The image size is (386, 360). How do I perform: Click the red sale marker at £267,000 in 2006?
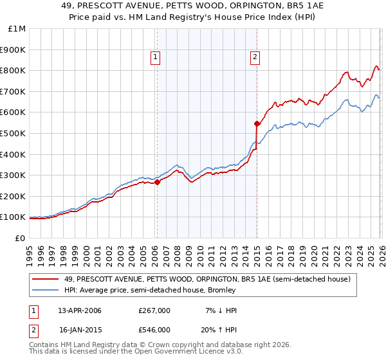tap(157, 182)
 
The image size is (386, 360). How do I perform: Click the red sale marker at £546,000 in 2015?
tap(257, 123)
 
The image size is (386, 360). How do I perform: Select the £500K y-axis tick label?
tap(14, 134)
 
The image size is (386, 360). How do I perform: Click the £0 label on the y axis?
tap(19, 238)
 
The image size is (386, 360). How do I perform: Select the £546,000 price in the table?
tap(154, 330)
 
